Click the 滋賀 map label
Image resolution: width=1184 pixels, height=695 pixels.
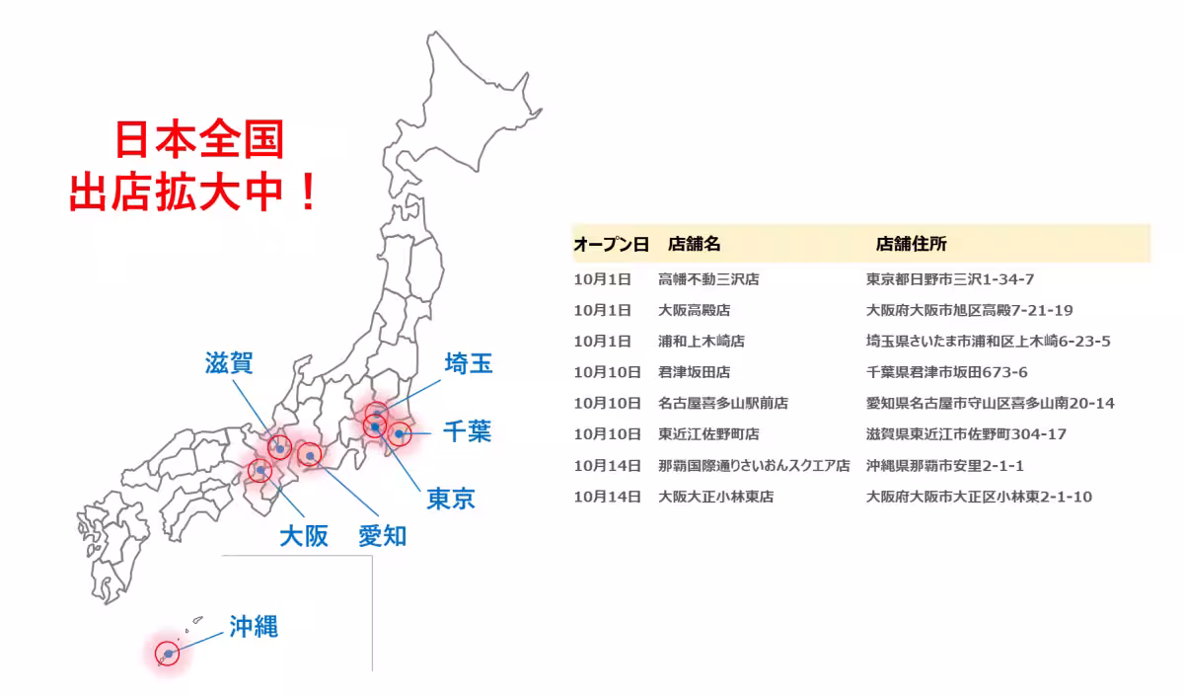coord(230,363)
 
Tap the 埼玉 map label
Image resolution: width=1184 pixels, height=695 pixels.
coord(468,363)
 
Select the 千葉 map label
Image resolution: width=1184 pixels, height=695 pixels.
coord(467,431)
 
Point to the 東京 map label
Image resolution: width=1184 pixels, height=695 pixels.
coord(451,499)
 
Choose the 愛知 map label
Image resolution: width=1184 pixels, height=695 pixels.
coord(382,536)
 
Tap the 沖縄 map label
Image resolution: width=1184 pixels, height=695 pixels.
coord(254,626)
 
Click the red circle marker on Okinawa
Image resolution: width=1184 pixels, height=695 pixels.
coord(169,654)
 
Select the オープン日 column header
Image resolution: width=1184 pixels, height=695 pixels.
coord(611,244)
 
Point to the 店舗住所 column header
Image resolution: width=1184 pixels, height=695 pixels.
coord(911,244)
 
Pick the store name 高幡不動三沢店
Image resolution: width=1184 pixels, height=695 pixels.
coord(708,279)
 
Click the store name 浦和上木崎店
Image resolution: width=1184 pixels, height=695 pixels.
coord(702,342)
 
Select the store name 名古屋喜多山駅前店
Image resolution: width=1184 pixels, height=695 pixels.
coord(723,404)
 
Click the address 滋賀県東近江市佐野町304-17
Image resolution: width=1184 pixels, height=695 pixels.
coord(965,434)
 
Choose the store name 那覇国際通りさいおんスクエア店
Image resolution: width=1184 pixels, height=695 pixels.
coord(754,466)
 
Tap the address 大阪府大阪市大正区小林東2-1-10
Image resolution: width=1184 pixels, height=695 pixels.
coord(979,497)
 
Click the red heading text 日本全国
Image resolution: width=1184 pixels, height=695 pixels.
coord(199,140)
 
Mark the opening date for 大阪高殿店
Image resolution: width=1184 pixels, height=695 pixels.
coord(602,310)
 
